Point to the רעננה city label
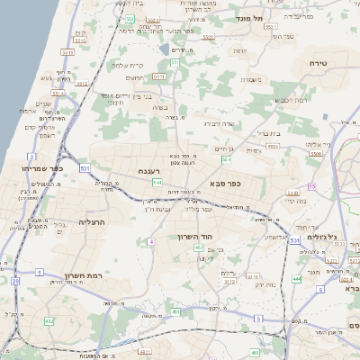(149, 170)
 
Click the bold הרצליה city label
(93, 220)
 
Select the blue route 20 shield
(15, 282)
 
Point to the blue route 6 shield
(346, 289)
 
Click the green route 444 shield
(297, 280)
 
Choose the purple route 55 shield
(311, 186)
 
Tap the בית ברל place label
(269, 133)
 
